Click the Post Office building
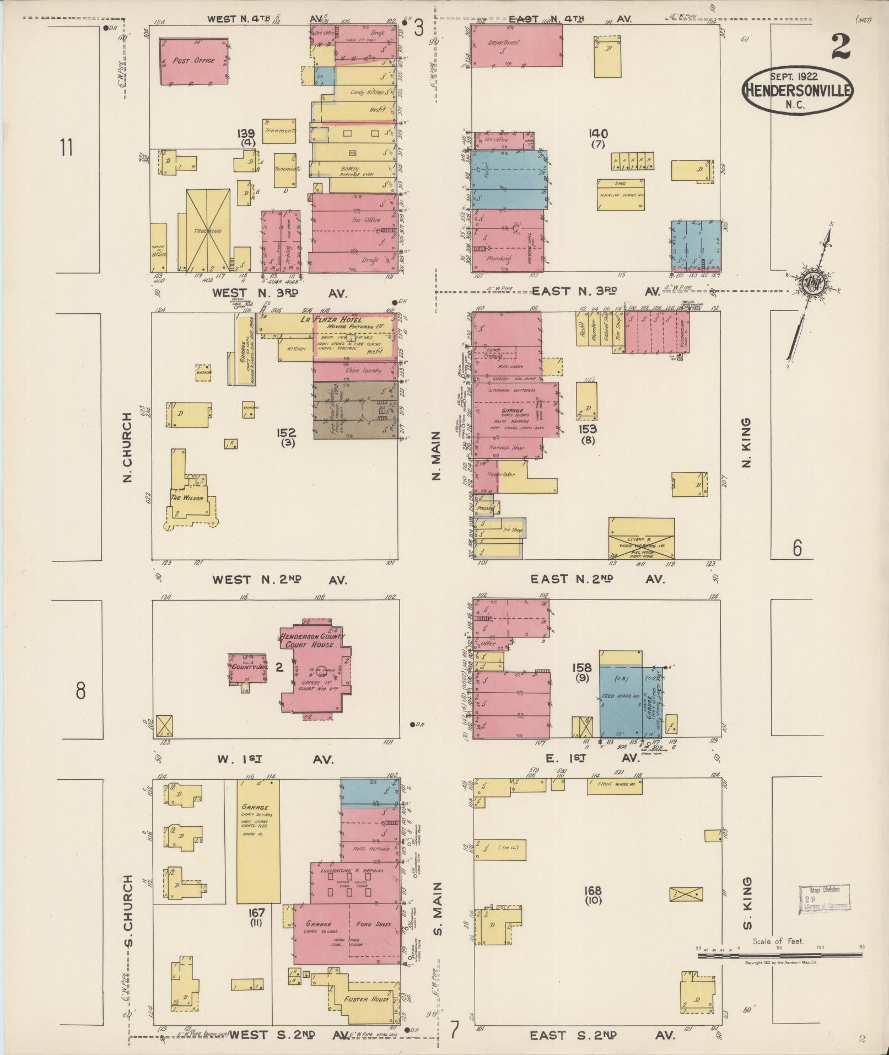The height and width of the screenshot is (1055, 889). click(193, 61)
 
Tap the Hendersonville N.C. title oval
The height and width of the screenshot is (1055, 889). click(798, 91)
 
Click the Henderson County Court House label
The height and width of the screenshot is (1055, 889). click(313, 640)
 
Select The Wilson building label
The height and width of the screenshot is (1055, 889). click(187, 498)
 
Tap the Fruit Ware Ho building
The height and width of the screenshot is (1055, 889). click(615, 786)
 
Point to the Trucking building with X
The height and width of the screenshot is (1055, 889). click(207, 231)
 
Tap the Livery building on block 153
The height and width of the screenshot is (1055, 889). click(641, 538)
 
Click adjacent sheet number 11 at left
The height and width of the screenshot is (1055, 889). click(67, 148)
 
